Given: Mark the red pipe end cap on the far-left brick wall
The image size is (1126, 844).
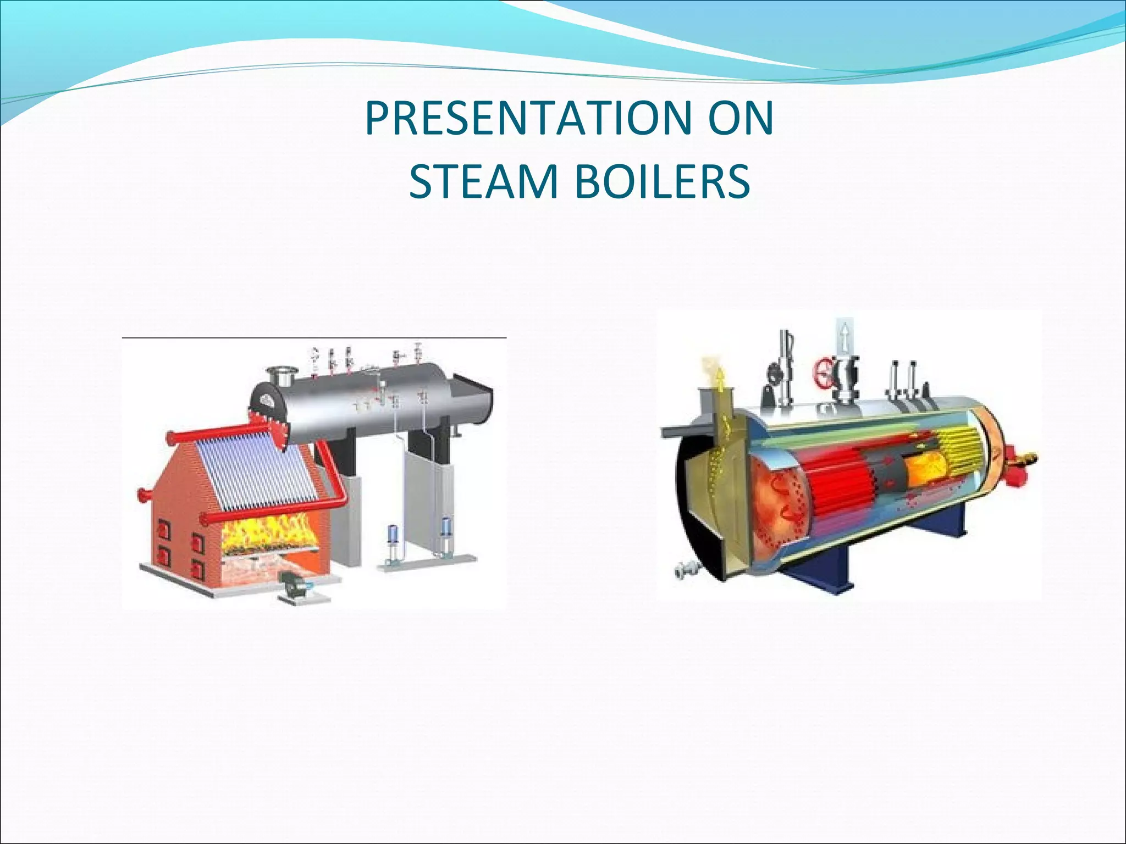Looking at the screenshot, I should tap(142, 493).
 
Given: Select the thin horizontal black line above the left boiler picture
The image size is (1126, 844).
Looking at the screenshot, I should tap(313, 337).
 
